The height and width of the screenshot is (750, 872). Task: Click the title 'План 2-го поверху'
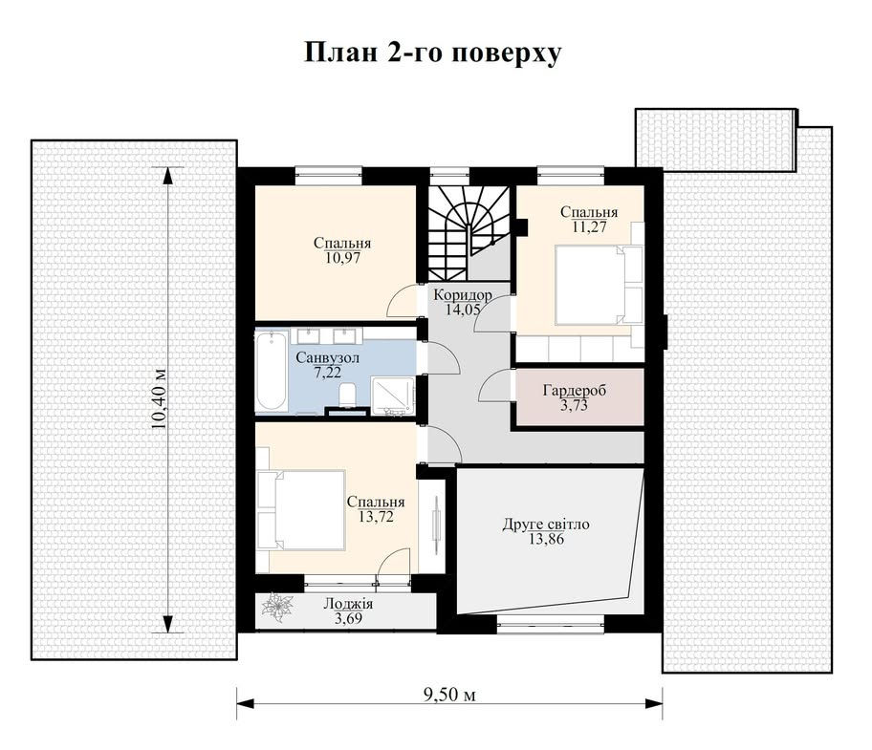coord(433,54)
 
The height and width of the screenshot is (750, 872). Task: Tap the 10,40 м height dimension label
coord(160,399)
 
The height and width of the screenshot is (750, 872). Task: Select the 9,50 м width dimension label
coord(450,694)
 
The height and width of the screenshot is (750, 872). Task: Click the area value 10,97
coord(342,258)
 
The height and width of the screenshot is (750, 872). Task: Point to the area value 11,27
coord(589,226)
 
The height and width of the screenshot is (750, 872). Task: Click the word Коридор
coord(463,294)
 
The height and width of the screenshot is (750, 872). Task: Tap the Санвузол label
coord(328,357)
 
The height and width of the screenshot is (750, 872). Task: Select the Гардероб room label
coord(575,390)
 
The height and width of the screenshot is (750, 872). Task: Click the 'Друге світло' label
coord(546,524)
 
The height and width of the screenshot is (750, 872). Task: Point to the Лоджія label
coord(348,604)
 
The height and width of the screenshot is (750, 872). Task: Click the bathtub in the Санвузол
coord(272,371)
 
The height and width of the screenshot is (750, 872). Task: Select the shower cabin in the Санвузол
coord(393,396)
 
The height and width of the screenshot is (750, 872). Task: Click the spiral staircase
coord(469,233)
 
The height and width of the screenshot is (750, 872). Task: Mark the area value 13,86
coord(546,538)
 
